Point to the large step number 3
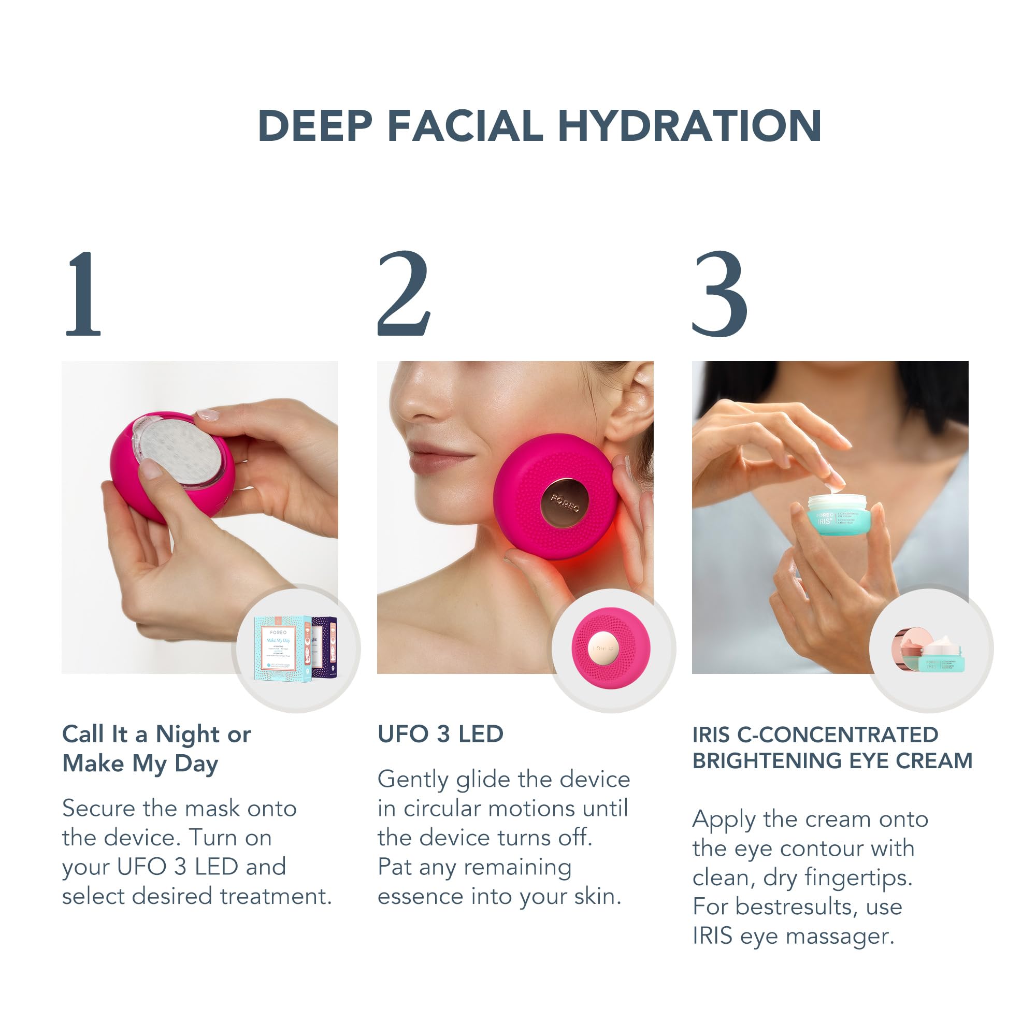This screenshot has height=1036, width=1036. [719, 294]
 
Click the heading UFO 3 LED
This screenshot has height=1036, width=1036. [440, 734]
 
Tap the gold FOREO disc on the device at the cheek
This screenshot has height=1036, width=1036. [564, 502]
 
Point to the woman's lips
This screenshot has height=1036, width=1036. [431, 455]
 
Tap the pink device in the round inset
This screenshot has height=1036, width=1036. [611, 649]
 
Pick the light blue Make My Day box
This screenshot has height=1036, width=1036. [281, 649]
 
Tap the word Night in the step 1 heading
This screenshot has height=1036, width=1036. [187, 735]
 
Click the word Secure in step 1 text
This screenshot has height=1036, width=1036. [98, 808]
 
